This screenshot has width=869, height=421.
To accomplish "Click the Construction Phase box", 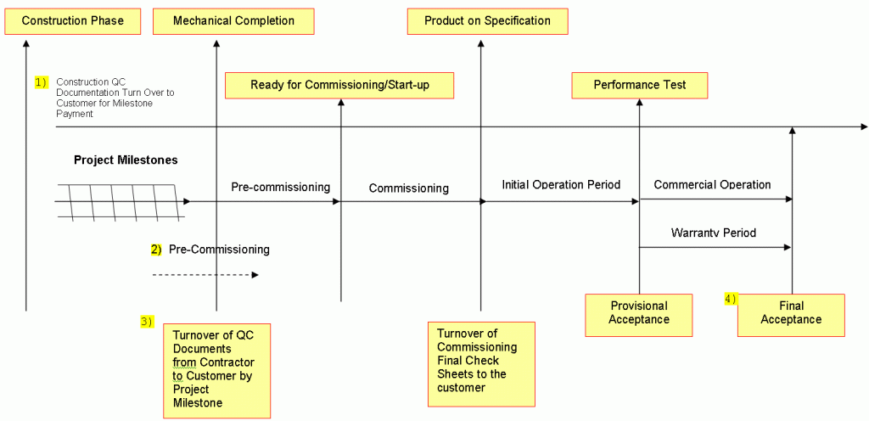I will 72,21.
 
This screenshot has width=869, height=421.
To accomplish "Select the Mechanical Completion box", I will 233,21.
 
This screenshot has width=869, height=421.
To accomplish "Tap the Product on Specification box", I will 487,21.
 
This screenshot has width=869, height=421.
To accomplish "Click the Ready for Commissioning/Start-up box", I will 339,85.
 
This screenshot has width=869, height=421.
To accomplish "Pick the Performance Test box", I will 640,85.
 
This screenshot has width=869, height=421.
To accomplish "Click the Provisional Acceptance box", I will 639,312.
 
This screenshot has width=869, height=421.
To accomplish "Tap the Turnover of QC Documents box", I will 216,368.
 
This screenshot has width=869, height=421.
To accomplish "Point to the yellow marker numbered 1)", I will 42,81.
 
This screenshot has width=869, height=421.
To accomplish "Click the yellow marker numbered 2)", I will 156,250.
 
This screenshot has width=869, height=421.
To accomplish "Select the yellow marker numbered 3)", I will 147,321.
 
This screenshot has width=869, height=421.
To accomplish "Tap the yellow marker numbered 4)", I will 731,298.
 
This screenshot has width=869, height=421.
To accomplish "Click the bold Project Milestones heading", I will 126,160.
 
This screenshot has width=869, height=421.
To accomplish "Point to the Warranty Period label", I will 713,233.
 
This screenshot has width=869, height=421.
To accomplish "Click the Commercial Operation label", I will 712,184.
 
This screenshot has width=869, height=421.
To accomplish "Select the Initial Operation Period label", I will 561,184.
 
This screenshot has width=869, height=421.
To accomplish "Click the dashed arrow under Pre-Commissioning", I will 205,275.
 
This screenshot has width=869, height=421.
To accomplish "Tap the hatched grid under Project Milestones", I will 119,202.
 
